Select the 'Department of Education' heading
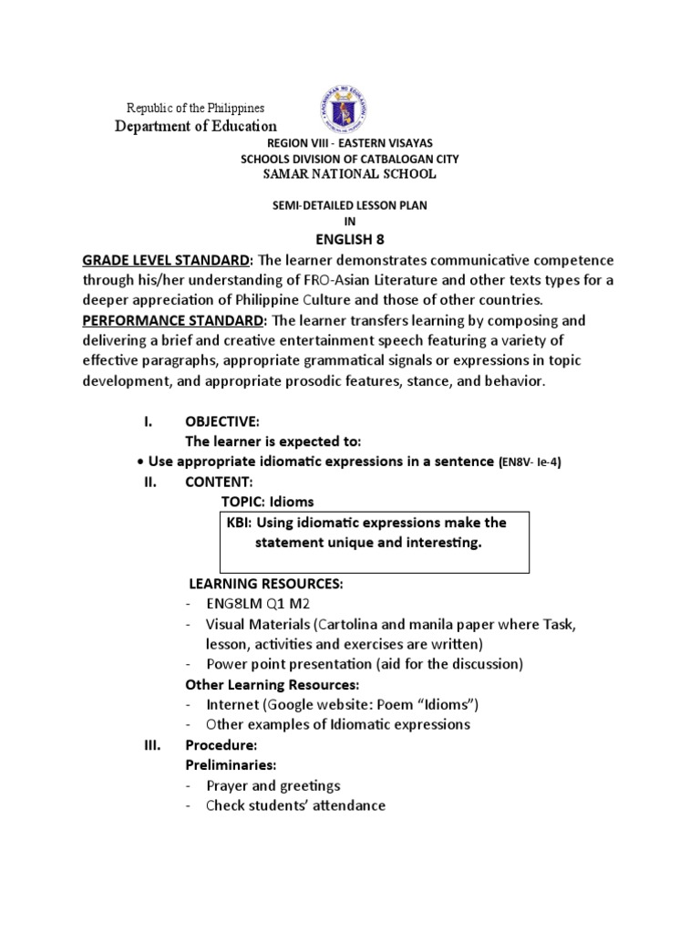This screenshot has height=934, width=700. tap(195, 127)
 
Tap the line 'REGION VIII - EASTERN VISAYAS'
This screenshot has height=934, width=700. tap(349, 144)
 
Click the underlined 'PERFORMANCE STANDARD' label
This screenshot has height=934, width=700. tap(173, 321)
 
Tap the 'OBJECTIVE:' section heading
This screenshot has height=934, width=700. tap(222, 421)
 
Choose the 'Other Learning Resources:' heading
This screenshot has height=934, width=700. tap(272, 684)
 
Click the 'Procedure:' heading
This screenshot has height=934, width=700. tap(221, 745)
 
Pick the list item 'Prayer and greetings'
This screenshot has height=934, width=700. tap(273, 785)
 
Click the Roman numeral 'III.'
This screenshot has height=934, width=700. tap(152, 745)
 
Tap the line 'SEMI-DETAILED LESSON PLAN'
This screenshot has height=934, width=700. tap(349, 206)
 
